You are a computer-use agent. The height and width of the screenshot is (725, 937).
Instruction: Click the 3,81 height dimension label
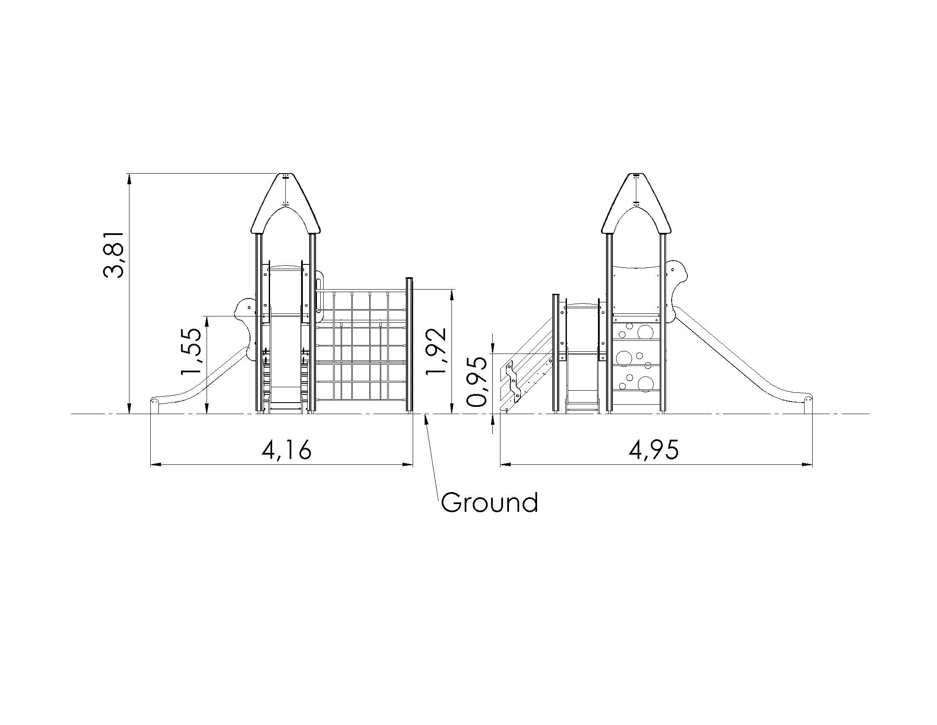coord(114,255)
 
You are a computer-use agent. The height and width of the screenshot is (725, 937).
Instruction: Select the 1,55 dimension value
coord(191,352)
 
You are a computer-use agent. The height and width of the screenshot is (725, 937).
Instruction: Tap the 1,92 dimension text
coord(436,351)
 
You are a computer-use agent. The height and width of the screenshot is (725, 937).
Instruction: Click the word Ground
coord(489,502)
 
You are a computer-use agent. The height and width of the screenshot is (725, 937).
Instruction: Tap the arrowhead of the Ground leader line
coord(425,418)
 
